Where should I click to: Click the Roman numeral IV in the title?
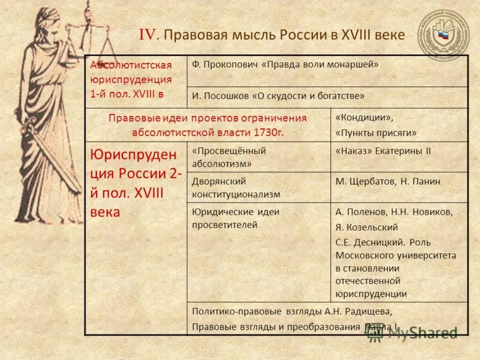(148, 35)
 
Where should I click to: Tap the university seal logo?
(444, 34)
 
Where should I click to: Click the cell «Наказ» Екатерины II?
(383, 151)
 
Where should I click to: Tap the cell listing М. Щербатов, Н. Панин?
(388, 181)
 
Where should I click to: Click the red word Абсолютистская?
(131, 65)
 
